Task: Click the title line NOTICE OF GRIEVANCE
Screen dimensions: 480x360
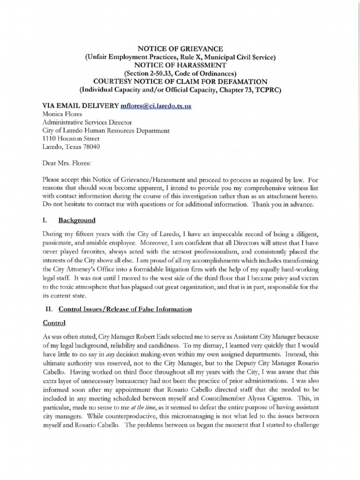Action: [x=180, y=49]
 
